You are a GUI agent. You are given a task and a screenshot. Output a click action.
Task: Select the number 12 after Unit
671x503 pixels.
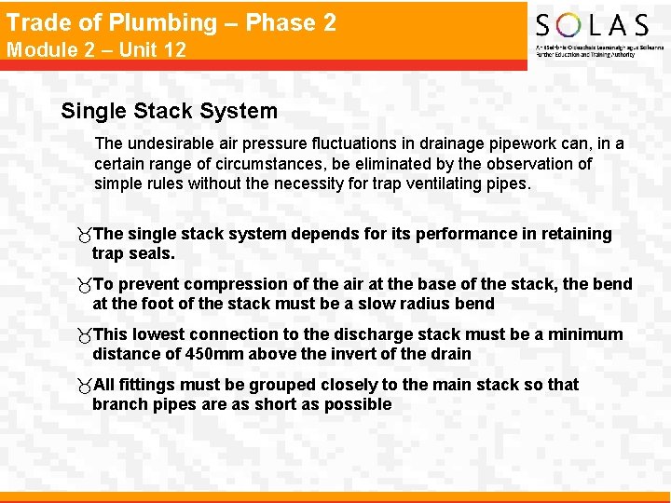(x=174, y=49)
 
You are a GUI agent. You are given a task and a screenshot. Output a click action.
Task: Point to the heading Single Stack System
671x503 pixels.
(x=169, y=111)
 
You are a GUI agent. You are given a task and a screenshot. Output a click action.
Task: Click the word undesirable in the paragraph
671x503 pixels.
(x=172, y=143)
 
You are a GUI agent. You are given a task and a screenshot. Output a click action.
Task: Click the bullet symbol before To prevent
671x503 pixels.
(x=85, y=284)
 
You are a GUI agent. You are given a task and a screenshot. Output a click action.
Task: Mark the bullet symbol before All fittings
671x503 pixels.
(x=85, y=385)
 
